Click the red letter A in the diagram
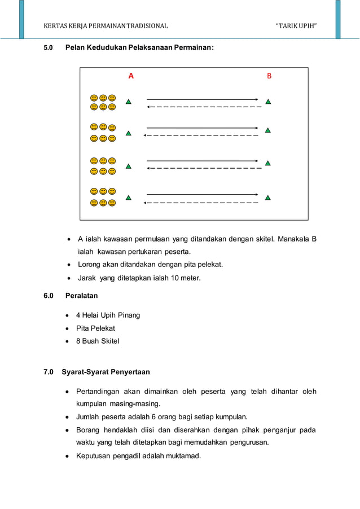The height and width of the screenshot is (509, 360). pos(131,76)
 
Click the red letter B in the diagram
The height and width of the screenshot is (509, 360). pos(269,76)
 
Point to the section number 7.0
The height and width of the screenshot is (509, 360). pos(49,372)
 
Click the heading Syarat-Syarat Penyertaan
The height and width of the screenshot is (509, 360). pos(106,372)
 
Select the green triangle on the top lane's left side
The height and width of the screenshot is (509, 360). pos(129,102)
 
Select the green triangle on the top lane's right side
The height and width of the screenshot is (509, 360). pos(268,102)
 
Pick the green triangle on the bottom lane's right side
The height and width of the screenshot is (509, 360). pos(268,198)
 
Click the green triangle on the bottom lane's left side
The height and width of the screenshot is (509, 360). pos(129,198)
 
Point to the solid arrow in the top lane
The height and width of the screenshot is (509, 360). pos(202,99)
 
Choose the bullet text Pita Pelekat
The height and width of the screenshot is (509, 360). pos(96,328)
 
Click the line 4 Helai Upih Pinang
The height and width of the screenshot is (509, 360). pos(108,315)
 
